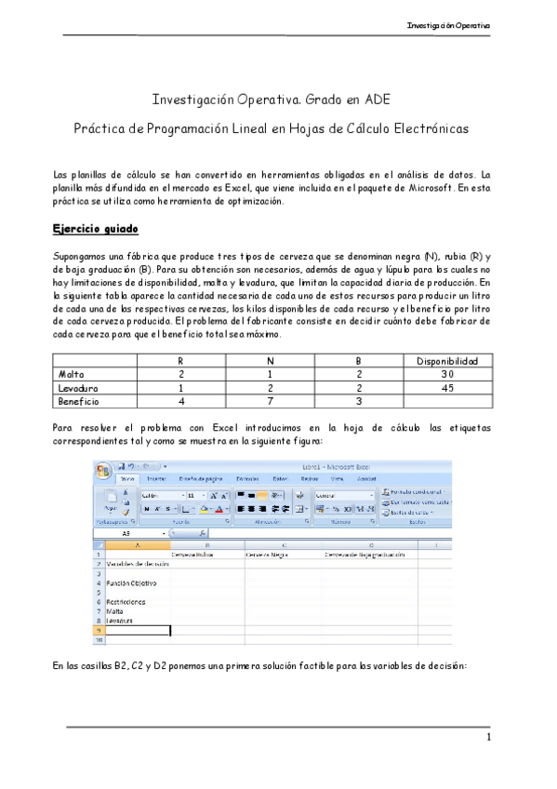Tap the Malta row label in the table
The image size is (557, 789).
[71, 373]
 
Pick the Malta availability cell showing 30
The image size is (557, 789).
[446, 373]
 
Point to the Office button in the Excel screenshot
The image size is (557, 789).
[104, 470]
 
